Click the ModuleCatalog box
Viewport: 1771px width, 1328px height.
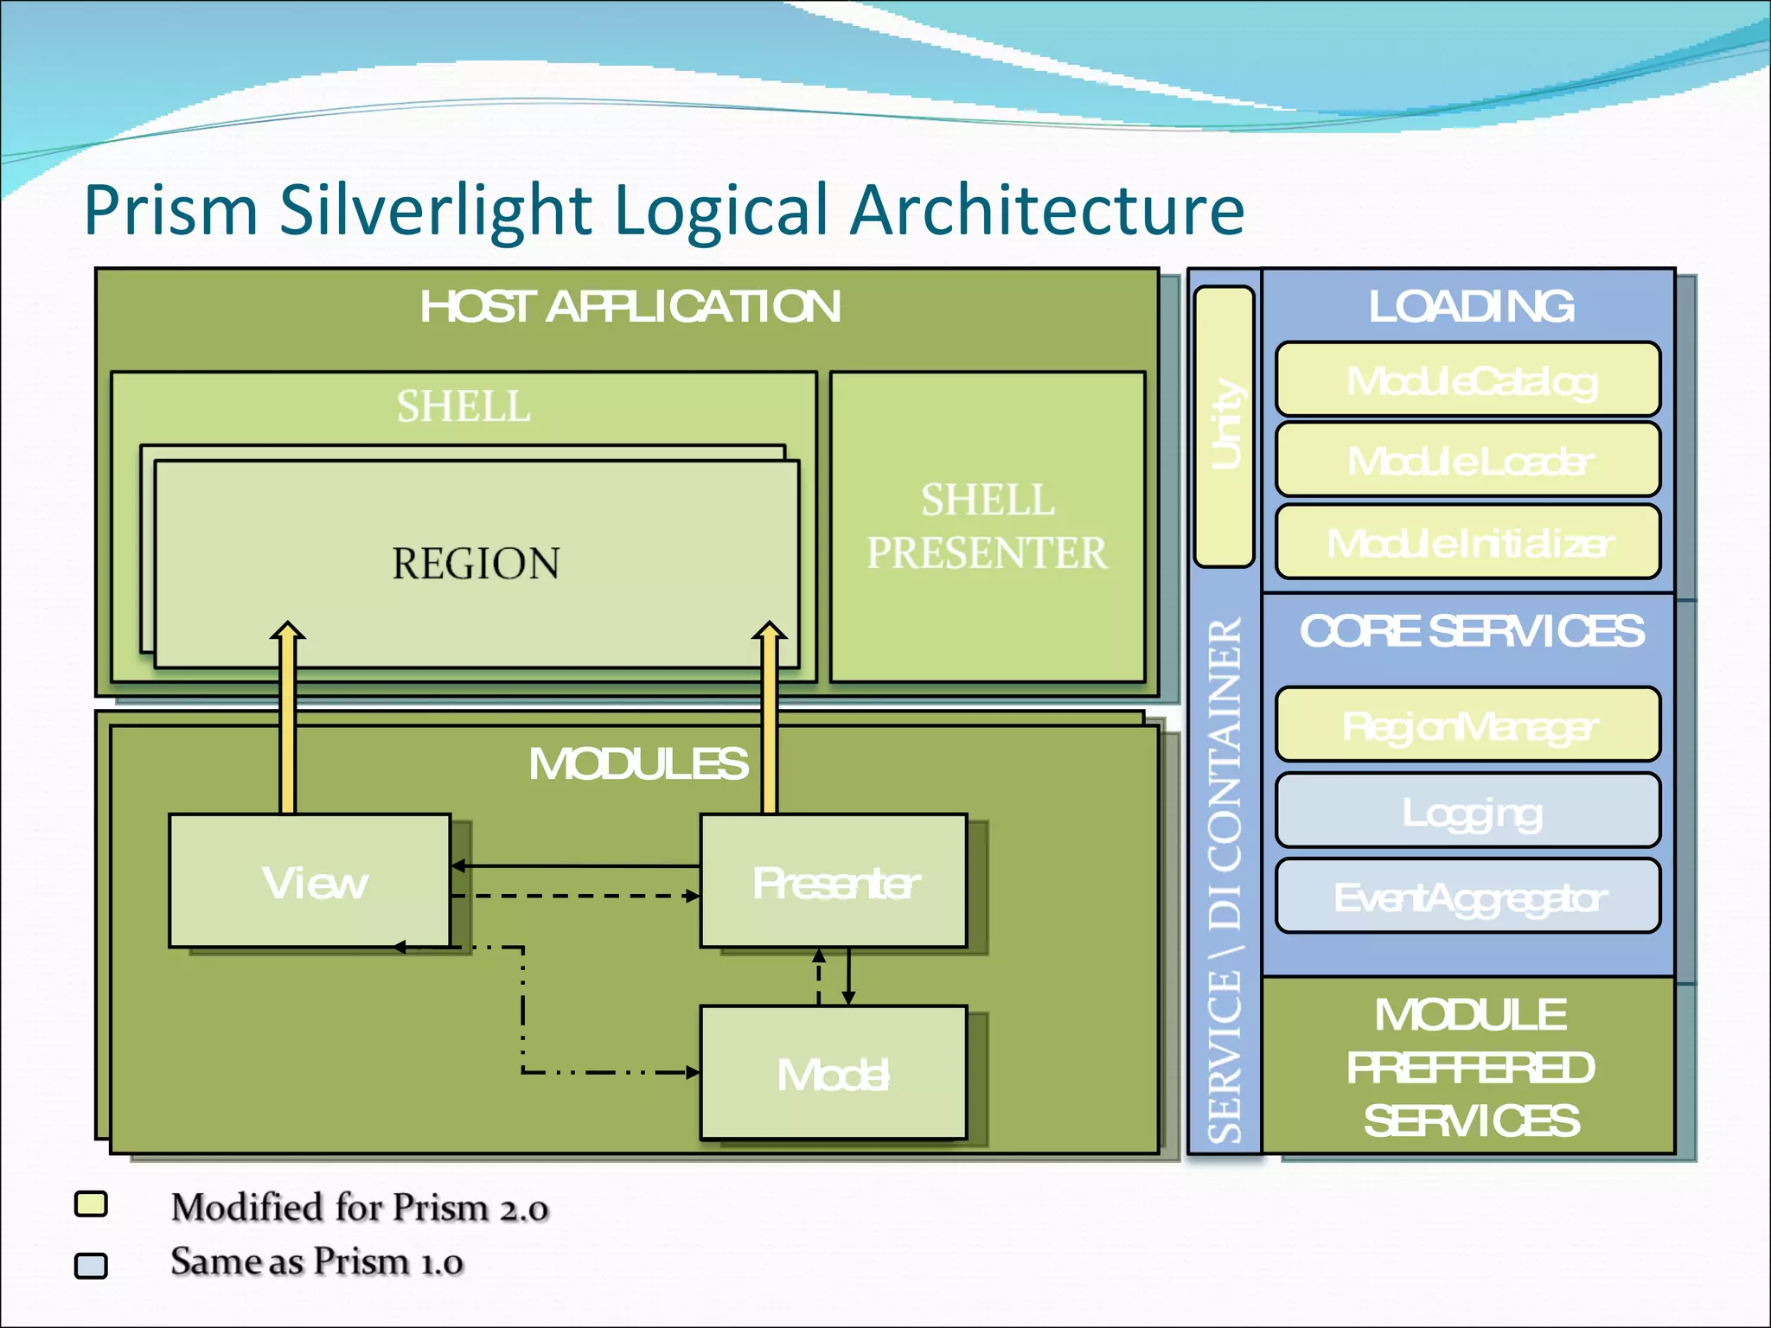(x=1467, y=380)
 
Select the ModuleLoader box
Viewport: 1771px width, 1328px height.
(x=1467, y=459)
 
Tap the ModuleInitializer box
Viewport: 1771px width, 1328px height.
(x=1467, y=542)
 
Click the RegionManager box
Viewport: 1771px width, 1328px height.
(x=1467, y=725)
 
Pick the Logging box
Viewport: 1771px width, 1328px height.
(x=1467, y=810)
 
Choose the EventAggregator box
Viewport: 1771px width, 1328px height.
(x=1467, y=896)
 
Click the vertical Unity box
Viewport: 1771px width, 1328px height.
(x=1224, y=426)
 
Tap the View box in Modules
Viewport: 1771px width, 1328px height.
(x=310, y=881)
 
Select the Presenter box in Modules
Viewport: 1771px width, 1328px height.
(x=833, y=881)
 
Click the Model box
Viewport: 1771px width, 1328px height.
(x=833, y=1073)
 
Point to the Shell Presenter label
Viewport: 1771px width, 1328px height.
(x=987, y=526)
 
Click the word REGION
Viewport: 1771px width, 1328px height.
(x=476, y=564)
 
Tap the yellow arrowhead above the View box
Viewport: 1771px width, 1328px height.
(x=287, y=631)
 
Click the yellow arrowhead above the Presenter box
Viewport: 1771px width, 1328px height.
(x=769, y=631)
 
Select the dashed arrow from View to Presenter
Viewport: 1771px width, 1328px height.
(x=575, y=896)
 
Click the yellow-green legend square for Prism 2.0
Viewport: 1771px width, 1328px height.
(x=91, y=1204)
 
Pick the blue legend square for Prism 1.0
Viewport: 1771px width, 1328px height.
(x=91, y=1265)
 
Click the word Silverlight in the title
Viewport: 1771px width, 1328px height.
(x=435, y=209)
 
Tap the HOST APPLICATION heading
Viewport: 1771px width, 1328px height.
(x=630, y=306)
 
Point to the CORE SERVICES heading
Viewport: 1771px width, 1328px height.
(x=1471, y=631)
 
